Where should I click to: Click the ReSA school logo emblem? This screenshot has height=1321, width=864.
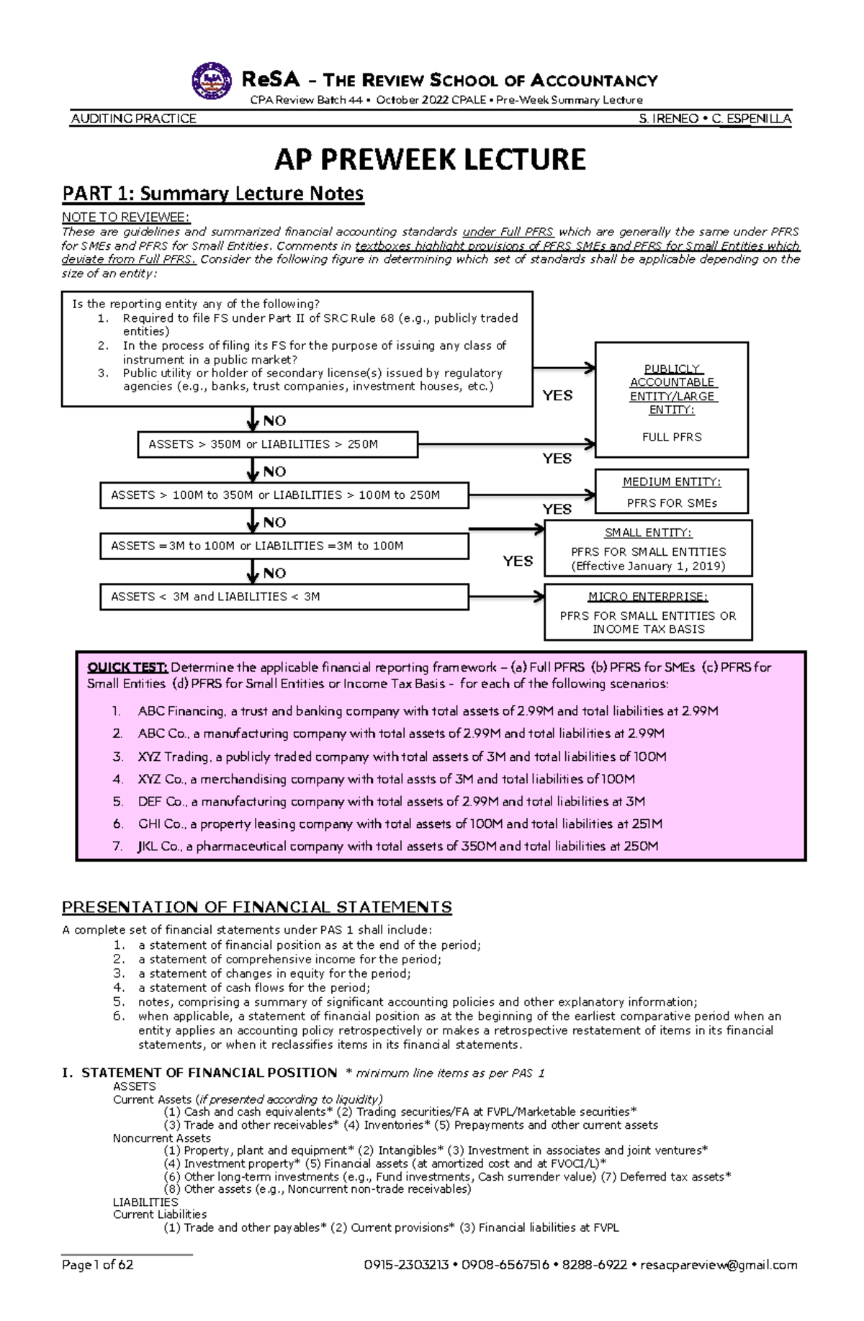coord(212,81)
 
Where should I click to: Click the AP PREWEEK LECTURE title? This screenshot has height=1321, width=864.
coord(430,160)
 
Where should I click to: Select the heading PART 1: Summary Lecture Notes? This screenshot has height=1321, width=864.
coord(213,194)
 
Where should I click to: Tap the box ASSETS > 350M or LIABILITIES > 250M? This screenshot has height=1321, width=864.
coord(277,444)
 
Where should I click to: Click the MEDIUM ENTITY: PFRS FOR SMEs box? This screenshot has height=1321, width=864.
coord(671,492)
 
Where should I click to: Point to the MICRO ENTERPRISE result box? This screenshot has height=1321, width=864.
coord(648,612)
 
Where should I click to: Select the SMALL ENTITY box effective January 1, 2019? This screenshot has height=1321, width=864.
coord(648,549)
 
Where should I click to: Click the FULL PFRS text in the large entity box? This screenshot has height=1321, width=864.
coord(672,437)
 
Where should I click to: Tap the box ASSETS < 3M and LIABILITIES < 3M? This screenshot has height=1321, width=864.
coord(284,597)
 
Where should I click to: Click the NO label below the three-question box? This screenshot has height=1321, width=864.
coord(274,421)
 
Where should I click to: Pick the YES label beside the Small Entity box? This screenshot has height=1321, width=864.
coord(518,561)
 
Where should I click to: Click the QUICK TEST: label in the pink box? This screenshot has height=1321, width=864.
coord(127,667)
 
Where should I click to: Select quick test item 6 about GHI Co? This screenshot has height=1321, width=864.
coord(400,824)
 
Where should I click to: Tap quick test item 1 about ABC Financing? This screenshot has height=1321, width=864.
coord(428,711)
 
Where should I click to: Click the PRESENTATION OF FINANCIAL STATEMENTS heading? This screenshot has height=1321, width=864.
coord(257,907)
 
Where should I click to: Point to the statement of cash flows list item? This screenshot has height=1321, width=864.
coord(254,988)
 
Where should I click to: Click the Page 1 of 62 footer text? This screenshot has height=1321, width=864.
coord(98,1265)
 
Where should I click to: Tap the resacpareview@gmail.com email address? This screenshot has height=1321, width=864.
coord(719,1265)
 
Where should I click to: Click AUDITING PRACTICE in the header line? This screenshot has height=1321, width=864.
coord(133,119)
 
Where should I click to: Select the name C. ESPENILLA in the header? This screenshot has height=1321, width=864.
coord(752,119)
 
